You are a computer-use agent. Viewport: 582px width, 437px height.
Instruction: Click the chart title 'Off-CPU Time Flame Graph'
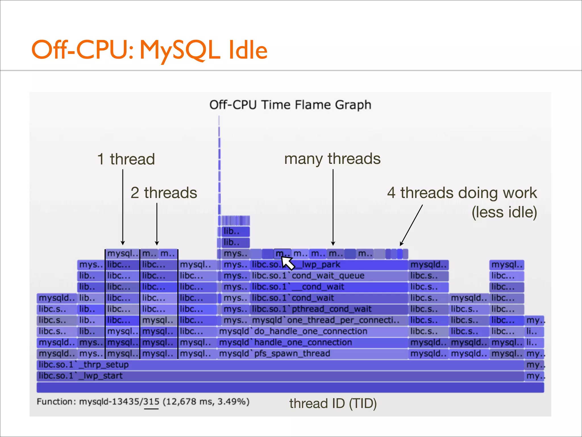(290, 105)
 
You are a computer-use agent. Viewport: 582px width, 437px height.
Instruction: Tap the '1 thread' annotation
(126, 159)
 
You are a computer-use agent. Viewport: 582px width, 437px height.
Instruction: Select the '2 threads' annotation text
(164, 193)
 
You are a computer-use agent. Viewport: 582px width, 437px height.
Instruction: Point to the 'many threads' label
(332, 159)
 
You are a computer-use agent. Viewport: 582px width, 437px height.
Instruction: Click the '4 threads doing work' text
(462, 193)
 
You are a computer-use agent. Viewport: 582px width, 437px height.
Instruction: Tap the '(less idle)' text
(504, 212)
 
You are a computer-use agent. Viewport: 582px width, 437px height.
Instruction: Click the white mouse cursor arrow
(288, 262)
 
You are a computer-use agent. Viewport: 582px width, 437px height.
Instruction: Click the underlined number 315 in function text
(151, 402)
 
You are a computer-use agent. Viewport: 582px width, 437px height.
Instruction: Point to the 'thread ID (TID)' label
(333, 403)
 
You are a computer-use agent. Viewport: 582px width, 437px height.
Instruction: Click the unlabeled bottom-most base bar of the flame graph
(290, 387)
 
